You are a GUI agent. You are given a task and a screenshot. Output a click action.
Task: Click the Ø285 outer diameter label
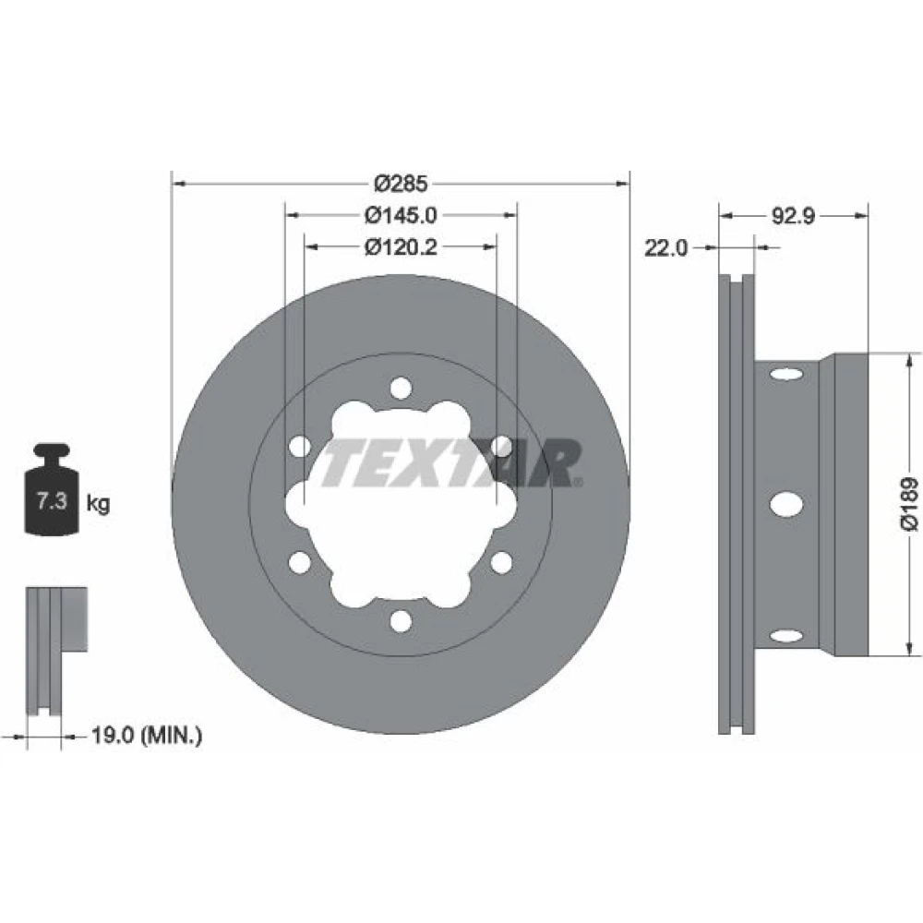401,185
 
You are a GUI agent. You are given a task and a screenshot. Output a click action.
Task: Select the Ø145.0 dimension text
401,215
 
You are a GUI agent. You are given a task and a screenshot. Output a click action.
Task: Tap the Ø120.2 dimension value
401,247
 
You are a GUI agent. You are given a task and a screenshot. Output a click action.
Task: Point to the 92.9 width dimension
793,216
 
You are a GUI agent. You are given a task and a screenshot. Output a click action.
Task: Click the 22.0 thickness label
665,247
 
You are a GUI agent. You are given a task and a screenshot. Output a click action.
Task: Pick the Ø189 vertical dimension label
909,504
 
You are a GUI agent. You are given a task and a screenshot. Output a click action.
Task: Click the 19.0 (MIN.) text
147,735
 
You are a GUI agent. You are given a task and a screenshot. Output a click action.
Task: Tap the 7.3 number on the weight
52,501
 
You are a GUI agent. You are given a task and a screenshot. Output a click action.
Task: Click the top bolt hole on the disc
401,389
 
